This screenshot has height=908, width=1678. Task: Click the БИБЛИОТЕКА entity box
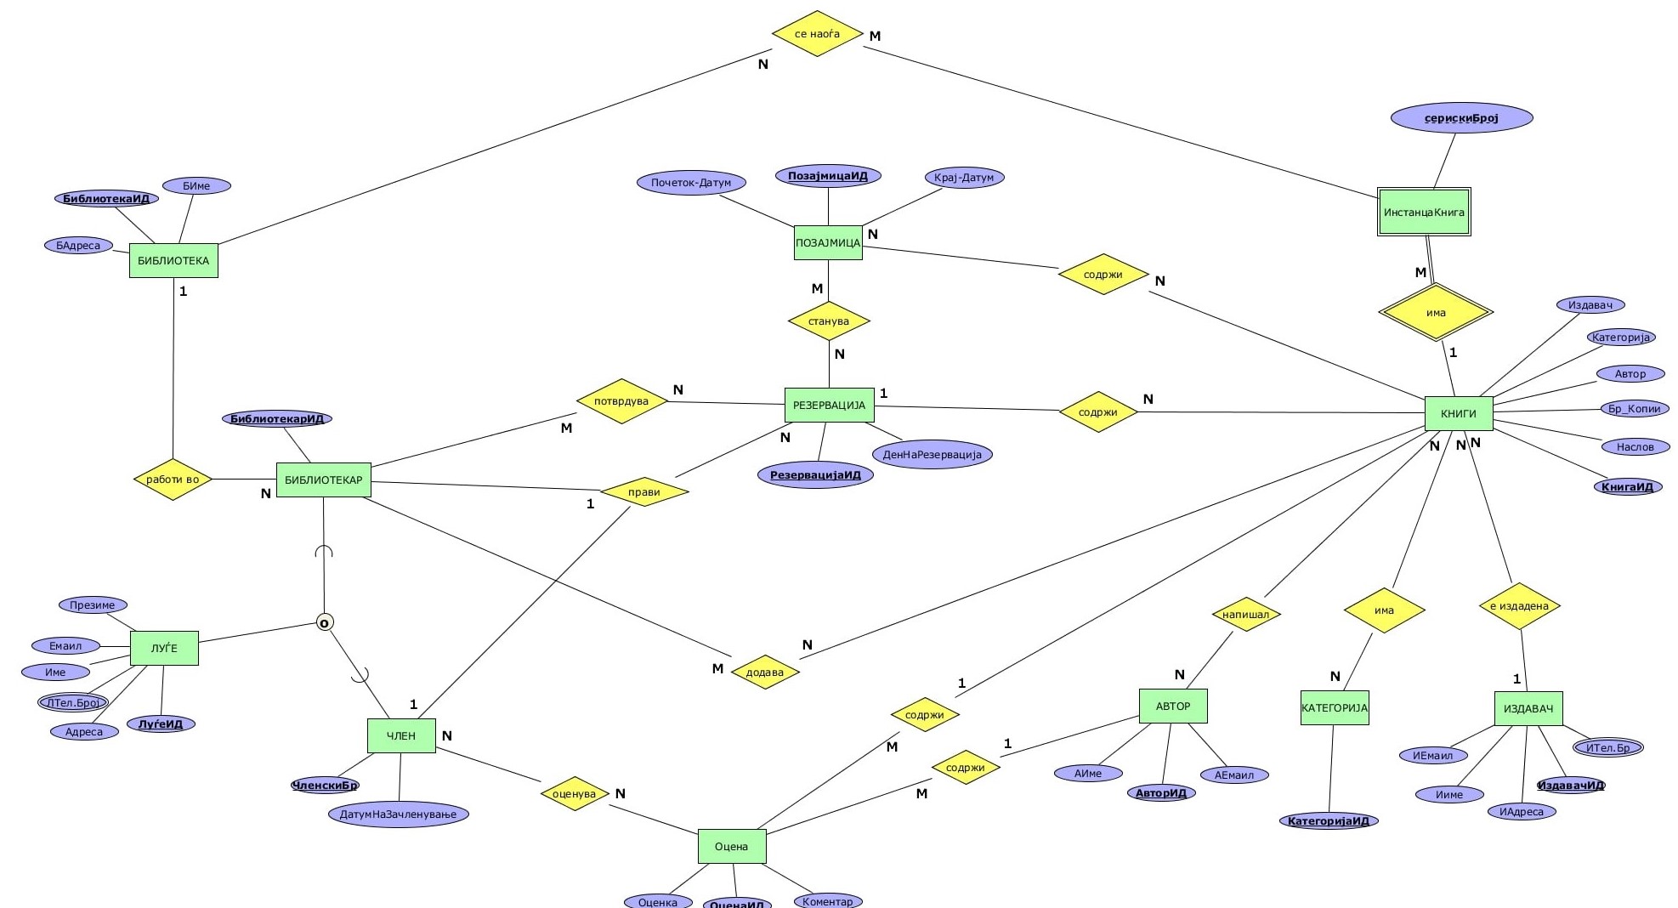[x=173, y=261]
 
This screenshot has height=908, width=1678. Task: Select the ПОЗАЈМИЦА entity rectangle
[x=828, y=242]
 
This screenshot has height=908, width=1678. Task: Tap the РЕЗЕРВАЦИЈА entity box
[x=829, y=406]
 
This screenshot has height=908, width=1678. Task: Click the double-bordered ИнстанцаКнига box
[x=1424, y=212]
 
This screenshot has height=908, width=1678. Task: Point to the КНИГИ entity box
[x=1458, y=414]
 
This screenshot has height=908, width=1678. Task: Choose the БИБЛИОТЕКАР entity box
[x=323, y=480]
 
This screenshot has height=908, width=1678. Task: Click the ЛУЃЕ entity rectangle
[x=164, y=648]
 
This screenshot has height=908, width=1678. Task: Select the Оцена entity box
[x=731, y=846]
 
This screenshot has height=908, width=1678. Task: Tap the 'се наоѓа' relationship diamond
[x=817, y=34]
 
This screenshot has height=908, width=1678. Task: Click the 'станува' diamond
[x=829, y=321]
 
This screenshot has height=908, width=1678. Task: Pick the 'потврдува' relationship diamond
[x=621, y=401]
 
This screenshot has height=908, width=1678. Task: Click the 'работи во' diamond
[x=173, y=480]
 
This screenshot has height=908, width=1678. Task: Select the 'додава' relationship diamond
[x=764, y=672]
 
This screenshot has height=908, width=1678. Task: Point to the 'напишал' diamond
[x=1245, y=615]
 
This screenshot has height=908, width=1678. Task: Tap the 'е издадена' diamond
[x=1519, y=606]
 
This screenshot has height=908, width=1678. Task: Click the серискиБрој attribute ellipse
[x=1461, y=118]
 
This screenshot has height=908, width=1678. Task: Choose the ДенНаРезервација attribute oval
[x=932, y=455]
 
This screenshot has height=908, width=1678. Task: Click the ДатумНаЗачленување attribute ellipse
[x=398, y=814]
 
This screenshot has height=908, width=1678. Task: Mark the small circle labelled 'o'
[x=325, y=623]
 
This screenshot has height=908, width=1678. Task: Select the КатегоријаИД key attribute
[x=1328, y=821]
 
